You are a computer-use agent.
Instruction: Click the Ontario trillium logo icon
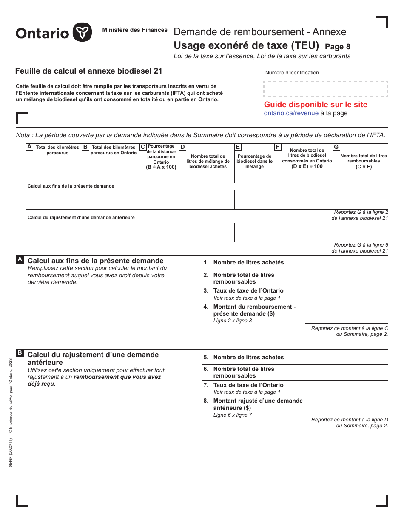(x=83, y=32)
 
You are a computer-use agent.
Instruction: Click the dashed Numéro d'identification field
(x=325, y=89)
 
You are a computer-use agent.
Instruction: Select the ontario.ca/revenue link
(x=291, y=113)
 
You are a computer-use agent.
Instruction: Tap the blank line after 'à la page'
(x=361, y=114)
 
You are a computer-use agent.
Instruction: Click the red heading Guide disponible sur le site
(x=316, y=105)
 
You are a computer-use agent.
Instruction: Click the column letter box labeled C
(x=143, y=147)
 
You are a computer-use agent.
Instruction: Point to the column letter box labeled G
(x=336, y=147)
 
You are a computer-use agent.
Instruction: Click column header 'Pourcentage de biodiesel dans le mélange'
(x=254, y=161)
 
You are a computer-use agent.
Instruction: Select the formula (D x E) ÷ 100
(x=307, y=166)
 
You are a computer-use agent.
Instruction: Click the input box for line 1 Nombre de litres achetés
(x=347, y=263)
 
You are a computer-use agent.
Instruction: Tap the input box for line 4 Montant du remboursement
(x=347, y=313)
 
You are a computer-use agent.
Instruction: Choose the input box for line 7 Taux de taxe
(x=347, y=388)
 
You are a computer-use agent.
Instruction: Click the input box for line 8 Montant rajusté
(x=347, y=406)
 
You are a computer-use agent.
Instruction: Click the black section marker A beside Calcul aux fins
(x=20, y=259)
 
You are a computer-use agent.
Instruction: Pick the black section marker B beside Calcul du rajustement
(x=20, y=353)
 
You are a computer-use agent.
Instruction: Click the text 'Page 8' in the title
(x=338, y=47)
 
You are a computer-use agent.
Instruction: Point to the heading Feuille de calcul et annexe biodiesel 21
(x=88, y=71)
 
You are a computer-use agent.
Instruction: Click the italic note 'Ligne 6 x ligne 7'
(x=233, y=415)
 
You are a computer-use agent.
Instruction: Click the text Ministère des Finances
(x=135, y=30)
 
